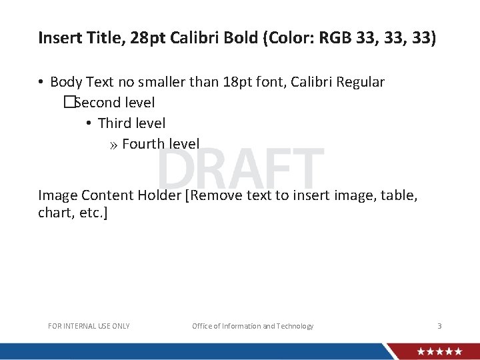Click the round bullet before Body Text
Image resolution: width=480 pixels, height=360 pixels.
[41, 83]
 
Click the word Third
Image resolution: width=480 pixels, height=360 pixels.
[115, 123]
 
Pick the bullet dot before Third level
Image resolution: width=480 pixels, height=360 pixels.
[89, 124]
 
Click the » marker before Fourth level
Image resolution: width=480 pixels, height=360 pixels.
[113, 145]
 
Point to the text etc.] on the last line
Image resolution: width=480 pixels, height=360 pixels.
[91, 213]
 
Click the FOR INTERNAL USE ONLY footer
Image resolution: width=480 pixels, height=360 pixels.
[89, 326]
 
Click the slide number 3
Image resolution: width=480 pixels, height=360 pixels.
[439, 326]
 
